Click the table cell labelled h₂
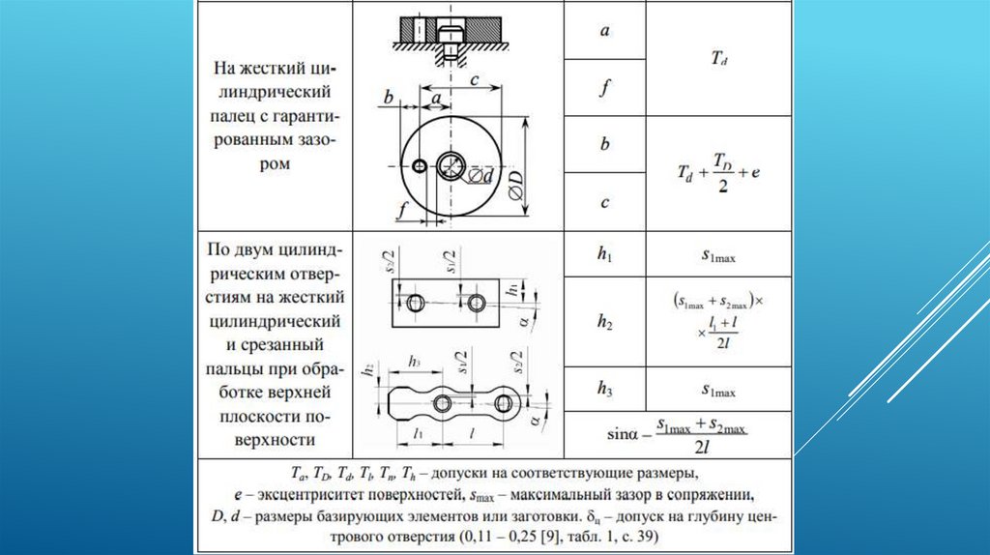604,323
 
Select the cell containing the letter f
604,88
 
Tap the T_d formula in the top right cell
718,58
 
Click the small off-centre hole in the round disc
418,166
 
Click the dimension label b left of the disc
388,97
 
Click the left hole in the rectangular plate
416,303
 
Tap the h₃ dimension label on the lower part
414,361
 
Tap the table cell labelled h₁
604,255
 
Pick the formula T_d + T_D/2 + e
718,172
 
